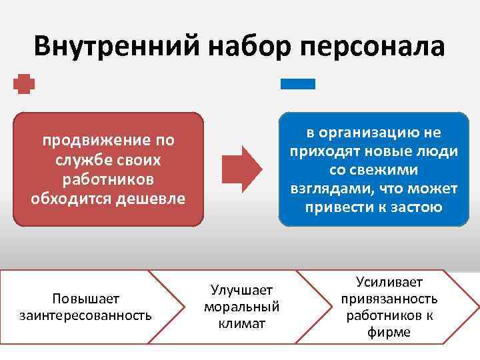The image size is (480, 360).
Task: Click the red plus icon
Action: click(24, 85)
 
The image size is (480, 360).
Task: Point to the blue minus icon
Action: click(297, 84)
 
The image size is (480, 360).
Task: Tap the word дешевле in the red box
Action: click(153, 199)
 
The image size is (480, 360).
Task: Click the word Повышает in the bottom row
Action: click(85, 297)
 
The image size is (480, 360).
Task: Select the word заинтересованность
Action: click(85, 314)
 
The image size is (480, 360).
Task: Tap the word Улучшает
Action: click(241, 289)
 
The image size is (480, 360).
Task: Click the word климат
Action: click(241, 323)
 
